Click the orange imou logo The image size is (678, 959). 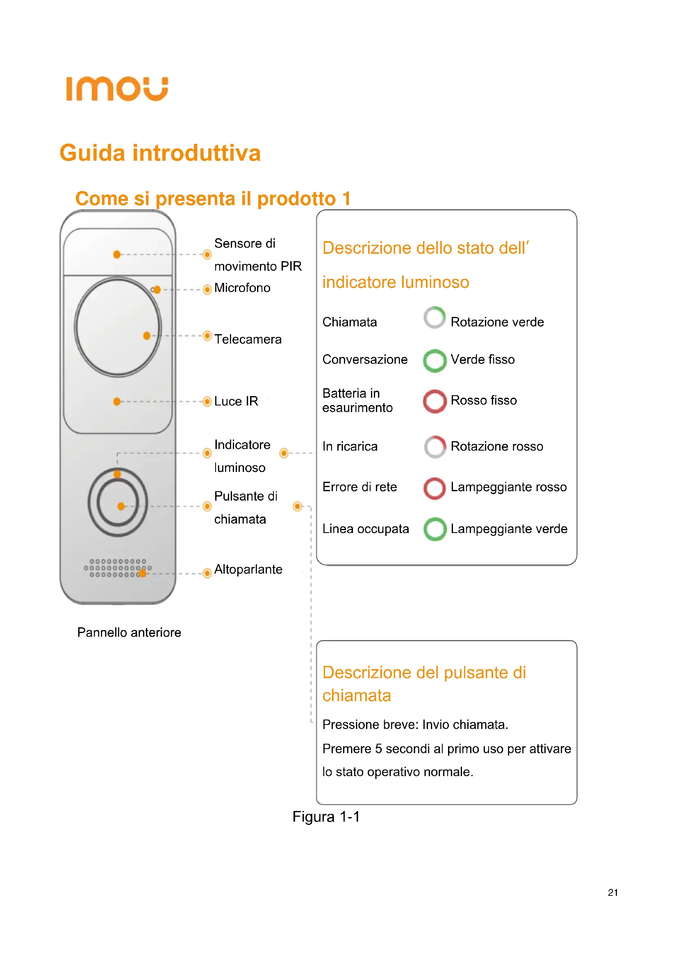tap(117, 89)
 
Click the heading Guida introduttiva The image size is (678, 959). tap(160, 153)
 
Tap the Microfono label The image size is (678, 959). tap(242, 288)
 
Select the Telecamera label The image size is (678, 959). tap(248, 339)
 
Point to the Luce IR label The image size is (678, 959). tap(236, 401)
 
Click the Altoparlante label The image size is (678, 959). tap(248, 569)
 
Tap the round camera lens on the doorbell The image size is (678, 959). tap(118, 327)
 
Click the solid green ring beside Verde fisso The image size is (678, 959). tap(435, 360)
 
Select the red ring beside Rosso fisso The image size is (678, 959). tap(435, 401)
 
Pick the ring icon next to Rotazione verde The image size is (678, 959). tap(435, 318)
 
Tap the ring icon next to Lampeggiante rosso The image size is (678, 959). tap(435, 488)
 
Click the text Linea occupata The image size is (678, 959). tap(365, 529)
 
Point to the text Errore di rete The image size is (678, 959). tap(359, 487)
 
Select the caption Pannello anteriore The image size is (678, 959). tap(129, 632)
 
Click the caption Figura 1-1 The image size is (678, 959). tap(326, 817)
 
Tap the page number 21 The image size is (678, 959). tap(612, 893)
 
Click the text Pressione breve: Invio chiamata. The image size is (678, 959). tap(415, 724)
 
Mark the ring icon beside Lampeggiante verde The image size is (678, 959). tap(435, 529)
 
